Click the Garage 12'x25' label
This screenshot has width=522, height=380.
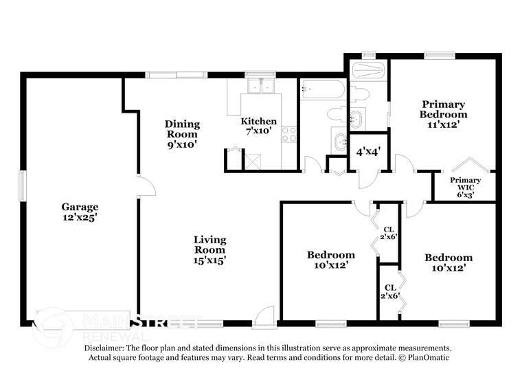pyautogui.click(x=80, y=212)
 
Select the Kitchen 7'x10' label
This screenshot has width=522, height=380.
pyautogui.click(x=258, y=126)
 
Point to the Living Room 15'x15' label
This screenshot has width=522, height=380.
pyautogui.click(x=209, y=249)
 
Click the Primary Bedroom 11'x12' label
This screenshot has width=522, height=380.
pyautogui.click(x=443, y=114)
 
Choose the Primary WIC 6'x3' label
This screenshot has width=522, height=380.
pyautogui.click(x=465, y=188)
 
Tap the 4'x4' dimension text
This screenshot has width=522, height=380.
pyautogui.click(x=368, y=152)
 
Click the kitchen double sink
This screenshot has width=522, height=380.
pyautogui.click(x=261, y=87)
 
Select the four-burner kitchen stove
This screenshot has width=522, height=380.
pyautogui.click(x=289, y=134)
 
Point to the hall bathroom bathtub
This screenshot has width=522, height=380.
pyautogui.click(x=323, y=89)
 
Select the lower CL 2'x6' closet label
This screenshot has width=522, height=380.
pyautogui.click(x=389, y=291)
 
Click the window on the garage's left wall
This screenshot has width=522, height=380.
pyautogui.click(x=22, y=186)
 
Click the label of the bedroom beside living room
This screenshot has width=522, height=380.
pyautogui.click(x=330, y=259)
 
